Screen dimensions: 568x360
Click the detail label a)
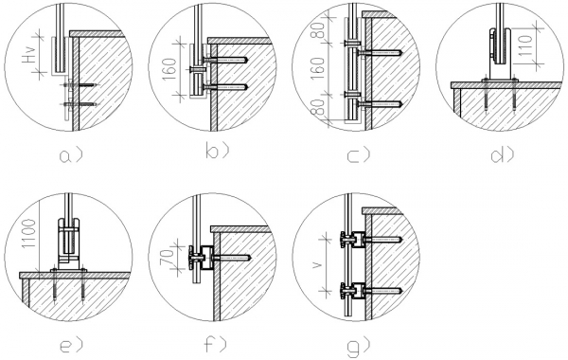click(71, 155)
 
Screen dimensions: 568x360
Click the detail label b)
click(217, 150)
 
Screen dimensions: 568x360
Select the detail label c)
click(358, 155)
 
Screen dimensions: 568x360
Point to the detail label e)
click(71, 345)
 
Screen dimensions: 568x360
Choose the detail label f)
click(216, 344)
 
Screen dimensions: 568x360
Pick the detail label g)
click(358, 347)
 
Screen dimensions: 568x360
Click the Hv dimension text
click(28, 55)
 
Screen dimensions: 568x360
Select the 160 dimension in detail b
click(169, 69)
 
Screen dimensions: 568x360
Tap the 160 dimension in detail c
click(317, 69)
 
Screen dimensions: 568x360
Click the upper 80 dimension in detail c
click(318, 31)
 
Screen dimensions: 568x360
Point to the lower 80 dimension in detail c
click(318, 107)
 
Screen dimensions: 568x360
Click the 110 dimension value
click(526, 45)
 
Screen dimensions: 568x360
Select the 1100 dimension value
click(29, 233)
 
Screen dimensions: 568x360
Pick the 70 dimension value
click(168, 258)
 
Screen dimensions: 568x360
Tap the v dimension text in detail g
click(317, 264)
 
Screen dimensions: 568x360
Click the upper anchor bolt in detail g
click(382, 240)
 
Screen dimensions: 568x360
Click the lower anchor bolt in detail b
click(225, 87)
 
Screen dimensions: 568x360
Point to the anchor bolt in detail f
click(232, 258)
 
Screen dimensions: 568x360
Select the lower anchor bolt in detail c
click(380, 104)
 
